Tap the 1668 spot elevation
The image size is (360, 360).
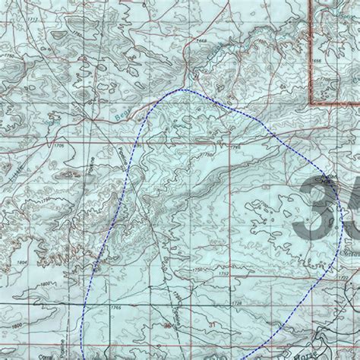(x=201, y=40)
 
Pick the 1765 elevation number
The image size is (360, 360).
(x=115, y=308)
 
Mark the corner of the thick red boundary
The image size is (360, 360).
(x=312, y=104)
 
